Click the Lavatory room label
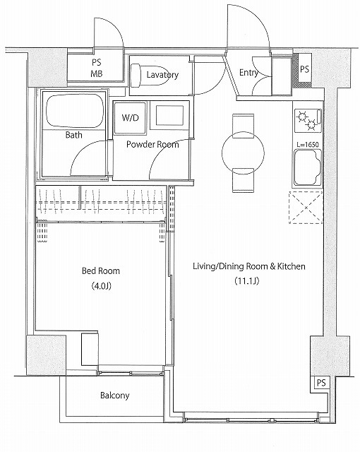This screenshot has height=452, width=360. coord(162,75)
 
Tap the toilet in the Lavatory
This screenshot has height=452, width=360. coord(145,75)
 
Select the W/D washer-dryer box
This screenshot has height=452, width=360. coord(130,118)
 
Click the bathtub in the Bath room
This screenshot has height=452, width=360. coord(75,111)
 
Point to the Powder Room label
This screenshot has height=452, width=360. coord(152,144)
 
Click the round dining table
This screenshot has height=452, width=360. coord(243,153)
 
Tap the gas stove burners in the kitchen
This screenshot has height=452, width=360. coord(308,120)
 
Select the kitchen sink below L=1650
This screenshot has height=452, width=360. coord(308,167)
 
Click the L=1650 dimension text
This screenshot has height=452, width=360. coord(308,144)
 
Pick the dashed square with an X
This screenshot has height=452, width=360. coord(306,207)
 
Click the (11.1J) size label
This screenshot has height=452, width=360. coord(247,280)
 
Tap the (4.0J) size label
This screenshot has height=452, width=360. coord(101,285)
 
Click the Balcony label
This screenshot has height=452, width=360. coord(114,395)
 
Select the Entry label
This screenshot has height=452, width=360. coord(248,73)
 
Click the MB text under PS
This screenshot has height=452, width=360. coord(97,73)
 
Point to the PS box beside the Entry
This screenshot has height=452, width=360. coord(304,69)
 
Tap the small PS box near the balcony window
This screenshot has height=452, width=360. coord(321,383)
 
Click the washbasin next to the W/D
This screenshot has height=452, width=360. coord(169,116)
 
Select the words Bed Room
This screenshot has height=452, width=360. coord(101,270)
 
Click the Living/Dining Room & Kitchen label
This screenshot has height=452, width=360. coord(249,266)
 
